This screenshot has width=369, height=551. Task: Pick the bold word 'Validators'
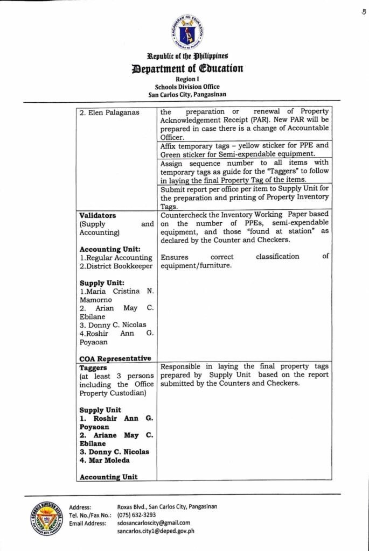pyautogui.click(x=98, y=215)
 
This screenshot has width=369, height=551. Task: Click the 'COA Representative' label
pyautogui.click(x=115, y=358)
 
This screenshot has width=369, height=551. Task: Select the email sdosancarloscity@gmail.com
pyautogui.click(x=154, y=522)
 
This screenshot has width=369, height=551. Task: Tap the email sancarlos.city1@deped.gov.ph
pyautogui.click(x=156, y=531)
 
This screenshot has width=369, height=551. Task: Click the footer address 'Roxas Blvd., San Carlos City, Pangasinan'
pyautogui.click(x=167, y=506)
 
